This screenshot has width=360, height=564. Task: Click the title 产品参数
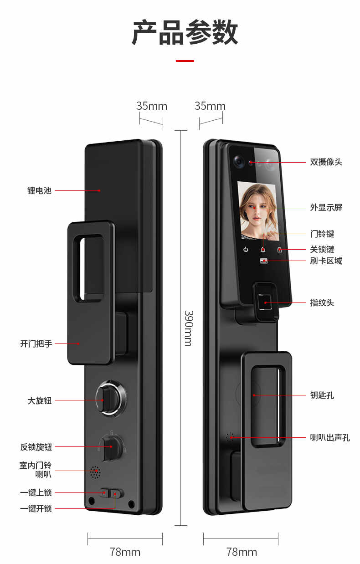pos(185,32)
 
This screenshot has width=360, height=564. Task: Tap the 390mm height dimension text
pos(189,328)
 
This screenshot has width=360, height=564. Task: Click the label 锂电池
pos(39,190)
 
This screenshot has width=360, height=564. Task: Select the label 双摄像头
pos(326,162)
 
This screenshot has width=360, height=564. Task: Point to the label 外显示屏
pos(326,207)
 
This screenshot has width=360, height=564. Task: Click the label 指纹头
pos(322,303)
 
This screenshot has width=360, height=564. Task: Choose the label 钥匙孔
pos(322,395)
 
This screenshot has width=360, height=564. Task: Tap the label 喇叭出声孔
pos(330,437)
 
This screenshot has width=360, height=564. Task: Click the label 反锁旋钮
pos(36,447)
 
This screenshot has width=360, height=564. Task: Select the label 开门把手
pos(36,344)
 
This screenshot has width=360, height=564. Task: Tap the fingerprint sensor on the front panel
pos(265,302)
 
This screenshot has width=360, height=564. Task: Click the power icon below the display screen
pos(246,250)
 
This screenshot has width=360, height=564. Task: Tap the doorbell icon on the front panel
pos(263,250)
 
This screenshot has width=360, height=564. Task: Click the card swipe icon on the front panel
pos(264,261)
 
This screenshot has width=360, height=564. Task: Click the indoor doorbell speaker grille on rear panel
pos(95,472)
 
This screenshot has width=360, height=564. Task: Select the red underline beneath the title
pos(185,61)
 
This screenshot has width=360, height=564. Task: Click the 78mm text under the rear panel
pos(125,552)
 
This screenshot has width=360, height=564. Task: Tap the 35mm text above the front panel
pos(210,106)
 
